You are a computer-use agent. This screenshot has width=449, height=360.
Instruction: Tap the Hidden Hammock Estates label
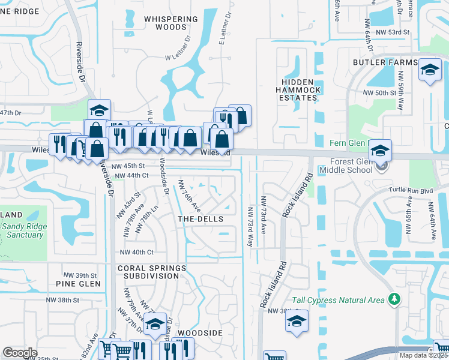[x=299, y=89]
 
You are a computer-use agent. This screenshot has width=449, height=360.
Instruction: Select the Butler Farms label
[x=385, y=62]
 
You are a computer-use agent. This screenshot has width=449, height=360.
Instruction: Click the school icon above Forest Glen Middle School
[x=379, y=150]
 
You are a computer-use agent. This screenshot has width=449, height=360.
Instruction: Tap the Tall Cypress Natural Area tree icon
[x=394, y=299]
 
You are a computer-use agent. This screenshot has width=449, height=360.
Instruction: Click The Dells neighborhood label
[x=200, y=220]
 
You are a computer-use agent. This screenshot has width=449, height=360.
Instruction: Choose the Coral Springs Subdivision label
[x=148, y=272]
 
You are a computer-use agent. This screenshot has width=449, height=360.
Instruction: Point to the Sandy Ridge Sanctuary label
[x=22, y=230]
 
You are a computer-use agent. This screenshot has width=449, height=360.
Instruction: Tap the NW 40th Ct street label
[x=137, y=253]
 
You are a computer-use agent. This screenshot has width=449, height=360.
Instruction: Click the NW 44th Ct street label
[x=131, y=175]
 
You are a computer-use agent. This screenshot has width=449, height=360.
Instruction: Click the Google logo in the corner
[x=20, y=353]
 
